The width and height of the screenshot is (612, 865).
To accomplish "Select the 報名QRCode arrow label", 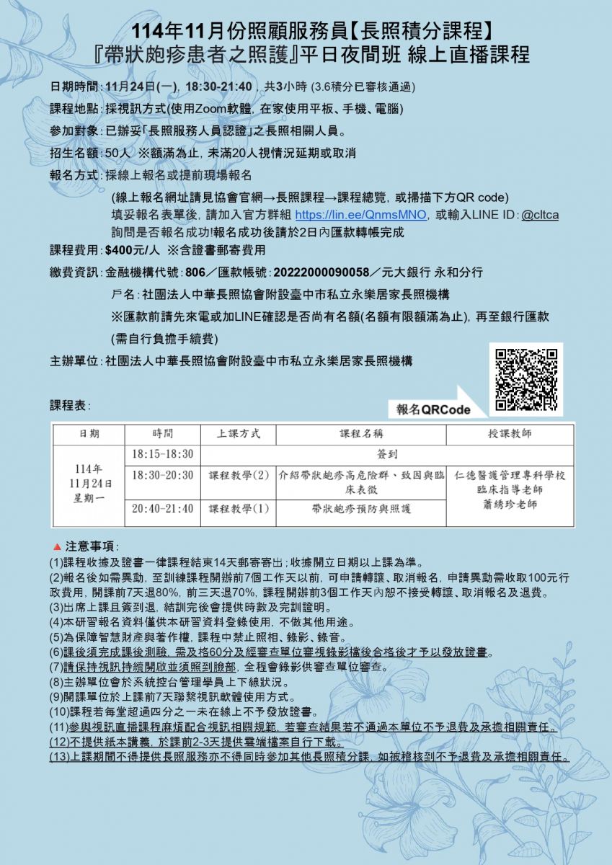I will pos(433,409).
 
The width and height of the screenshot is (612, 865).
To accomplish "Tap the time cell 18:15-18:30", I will pos(163,454).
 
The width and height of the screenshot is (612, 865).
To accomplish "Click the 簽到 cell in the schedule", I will pos(387,455).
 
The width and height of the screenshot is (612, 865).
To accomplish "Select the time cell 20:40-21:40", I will pos(163,508).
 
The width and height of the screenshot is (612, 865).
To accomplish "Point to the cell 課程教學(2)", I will pos(239,476).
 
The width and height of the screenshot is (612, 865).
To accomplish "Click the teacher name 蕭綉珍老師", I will pos(510,504).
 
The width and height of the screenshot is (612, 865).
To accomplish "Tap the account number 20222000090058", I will pos(322,272).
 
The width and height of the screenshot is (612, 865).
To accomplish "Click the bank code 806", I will pos(195,272).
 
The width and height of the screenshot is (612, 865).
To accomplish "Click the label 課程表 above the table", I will pos(69,405).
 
